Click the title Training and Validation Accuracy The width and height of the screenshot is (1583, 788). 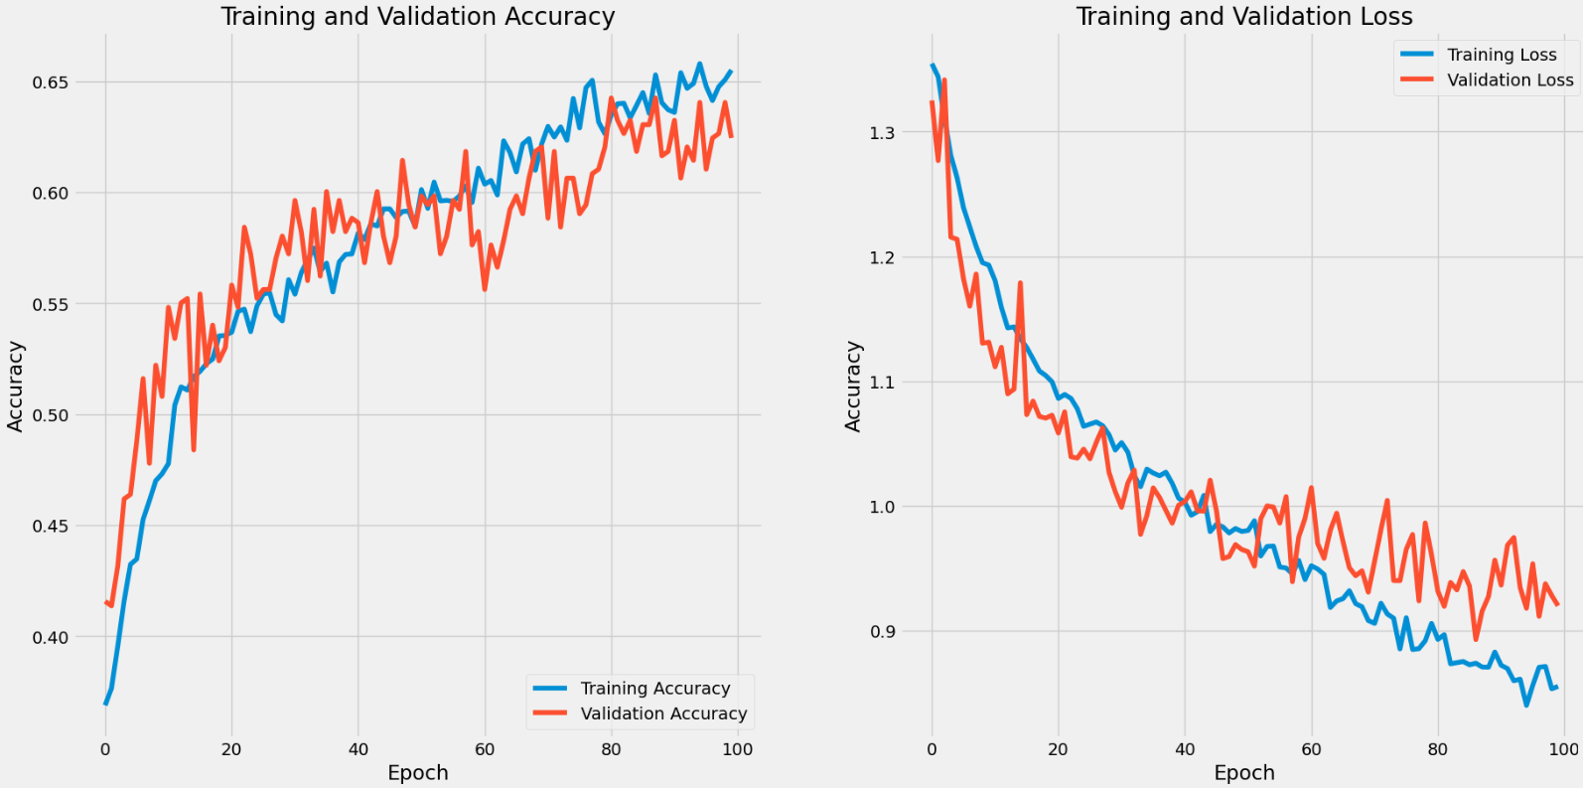pos(417,17)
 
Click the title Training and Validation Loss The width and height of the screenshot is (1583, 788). pos(1243,17)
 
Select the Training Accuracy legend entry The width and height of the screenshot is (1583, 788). pos(654,689)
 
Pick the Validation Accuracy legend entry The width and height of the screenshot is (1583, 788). pos(663,713)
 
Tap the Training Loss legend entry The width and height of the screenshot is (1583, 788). pos(1501,55)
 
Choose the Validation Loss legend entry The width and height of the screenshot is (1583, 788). pos(1510,80)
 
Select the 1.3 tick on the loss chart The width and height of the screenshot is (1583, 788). pos(882,133)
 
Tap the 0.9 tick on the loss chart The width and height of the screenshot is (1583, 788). pos(882,632)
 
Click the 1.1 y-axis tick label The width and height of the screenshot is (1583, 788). pos(882,383)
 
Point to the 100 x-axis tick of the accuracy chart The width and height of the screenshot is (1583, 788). pos(738,749)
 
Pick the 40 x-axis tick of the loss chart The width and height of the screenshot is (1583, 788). pos(1185,749)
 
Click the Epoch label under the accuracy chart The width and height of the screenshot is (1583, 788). pos(417,773)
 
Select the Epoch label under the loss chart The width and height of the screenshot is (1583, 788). pos(1243,773)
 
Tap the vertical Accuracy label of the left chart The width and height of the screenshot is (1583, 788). pos(15,386)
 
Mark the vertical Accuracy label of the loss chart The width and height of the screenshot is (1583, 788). pos(853,386)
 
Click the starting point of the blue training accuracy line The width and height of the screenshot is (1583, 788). pos(105,704)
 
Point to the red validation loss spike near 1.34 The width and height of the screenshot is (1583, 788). pos(943,79)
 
